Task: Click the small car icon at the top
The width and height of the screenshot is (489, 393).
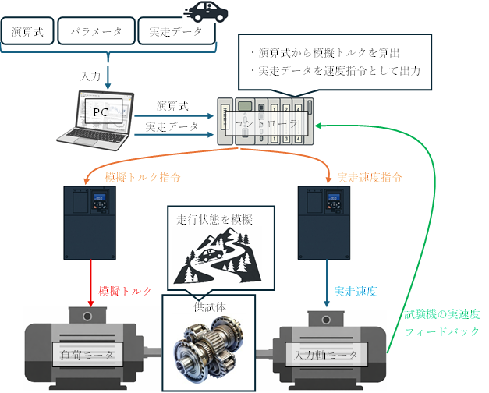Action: pyautogui.click(x=205, y=12)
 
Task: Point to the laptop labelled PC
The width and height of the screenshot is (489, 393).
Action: pyautogui.click(x=99, y=118)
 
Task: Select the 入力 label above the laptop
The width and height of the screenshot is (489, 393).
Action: pyautogui.click(x=91, y=76)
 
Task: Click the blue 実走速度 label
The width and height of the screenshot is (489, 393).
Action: pyautogui.click(x=356, y=292)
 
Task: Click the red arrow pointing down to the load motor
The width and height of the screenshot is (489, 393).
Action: pyautogui.click(x=91, y=287)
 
